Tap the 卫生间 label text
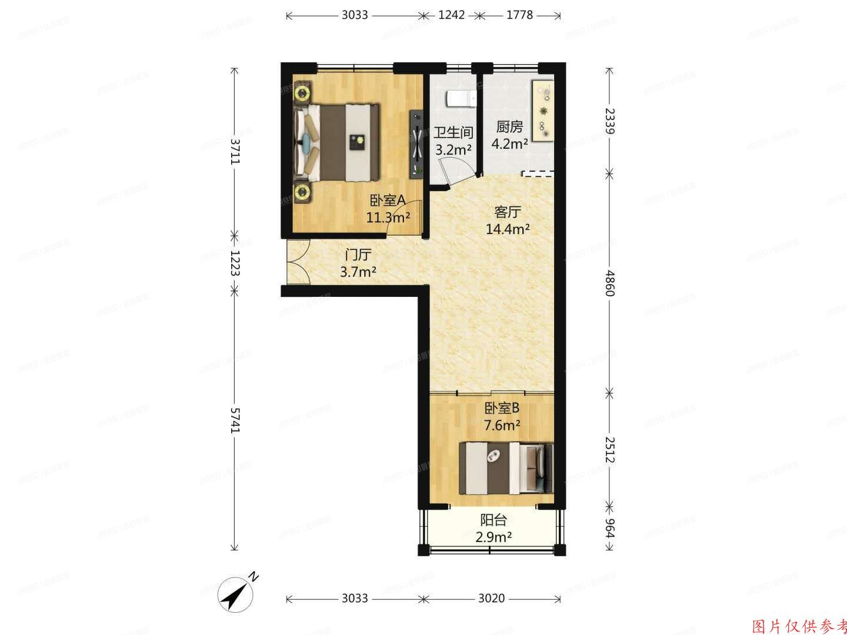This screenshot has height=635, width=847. pos(453,132)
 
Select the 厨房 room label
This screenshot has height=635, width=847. pos(509,126)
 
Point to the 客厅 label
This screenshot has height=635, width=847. pos(508,212)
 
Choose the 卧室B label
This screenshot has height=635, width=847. pos(502,407)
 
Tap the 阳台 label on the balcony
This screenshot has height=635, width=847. pos(493,520)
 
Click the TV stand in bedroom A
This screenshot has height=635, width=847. pos(416,143)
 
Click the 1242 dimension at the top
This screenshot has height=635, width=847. pos(452,15)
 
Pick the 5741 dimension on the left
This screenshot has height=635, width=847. pos(235,420)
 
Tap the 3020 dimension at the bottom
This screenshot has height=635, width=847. pos(491,599)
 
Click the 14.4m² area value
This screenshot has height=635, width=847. pos(508,229)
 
